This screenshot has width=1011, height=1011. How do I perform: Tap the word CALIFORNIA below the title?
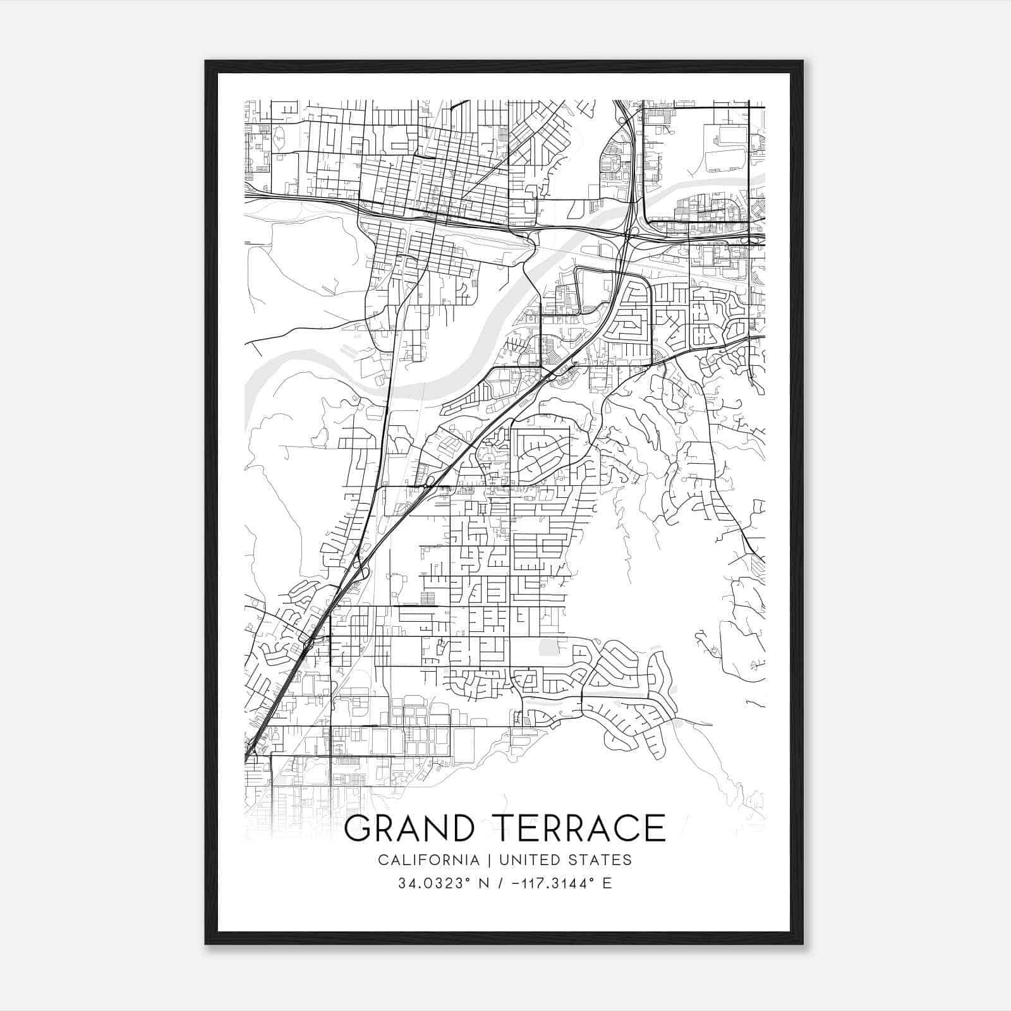428,860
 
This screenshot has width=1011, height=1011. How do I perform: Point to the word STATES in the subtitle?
603,860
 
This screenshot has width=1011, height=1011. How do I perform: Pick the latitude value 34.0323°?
435,883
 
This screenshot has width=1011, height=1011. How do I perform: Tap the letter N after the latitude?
485,883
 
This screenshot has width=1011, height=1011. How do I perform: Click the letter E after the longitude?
607,883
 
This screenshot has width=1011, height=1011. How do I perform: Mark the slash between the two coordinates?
500,883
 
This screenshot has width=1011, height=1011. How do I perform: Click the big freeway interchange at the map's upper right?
633,234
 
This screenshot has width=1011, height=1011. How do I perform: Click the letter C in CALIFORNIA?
383,860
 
